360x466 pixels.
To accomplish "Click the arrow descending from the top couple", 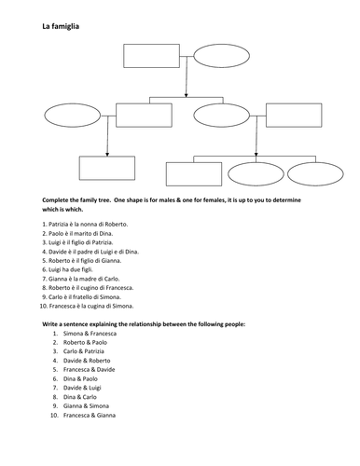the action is coord(187,82).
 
